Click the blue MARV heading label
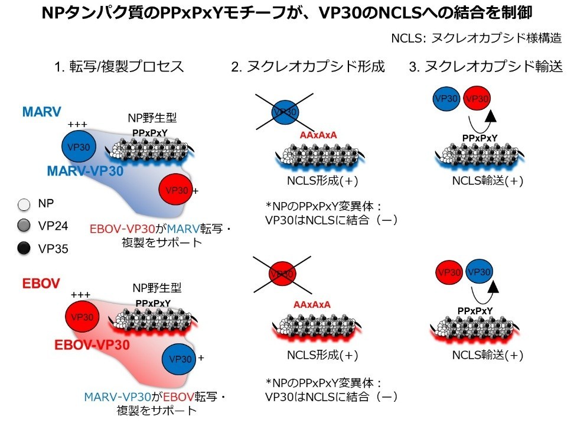pyautogui.click(x=42, y=112)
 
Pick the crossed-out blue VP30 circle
pyautogui.click(x=285, y=112)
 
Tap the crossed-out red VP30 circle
pyautogui.click(x=283, y=274)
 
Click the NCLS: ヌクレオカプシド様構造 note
pyautogui.click(x=476, y=38)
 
